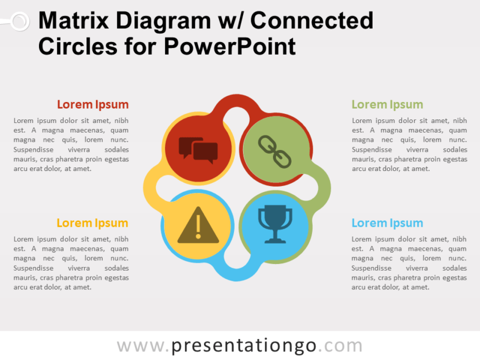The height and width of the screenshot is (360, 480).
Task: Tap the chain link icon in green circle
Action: [275, 150]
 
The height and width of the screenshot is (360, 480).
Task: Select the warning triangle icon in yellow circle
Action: [199, 226]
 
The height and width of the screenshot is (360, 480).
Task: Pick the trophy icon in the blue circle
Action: [275, 225]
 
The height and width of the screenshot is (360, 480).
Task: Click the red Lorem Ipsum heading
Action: [92, 104]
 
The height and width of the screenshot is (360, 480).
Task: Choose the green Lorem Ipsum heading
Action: [387, 104]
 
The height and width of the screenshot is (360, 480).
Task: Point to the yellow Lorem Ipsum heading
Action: [92, 223]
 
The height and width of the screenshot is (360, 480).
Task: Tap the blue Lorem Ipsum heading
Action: [387, 223]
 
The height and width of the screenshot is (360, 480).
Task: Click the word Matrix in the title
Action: [74, 21]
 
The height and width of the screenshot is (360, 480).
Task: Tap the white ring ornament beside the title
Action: [19, 22]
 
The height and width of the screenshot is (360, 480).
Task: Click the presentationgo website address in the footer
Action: [239, 346]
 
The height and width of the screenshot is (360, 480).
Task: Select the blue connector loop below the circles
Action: [237, 273]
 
